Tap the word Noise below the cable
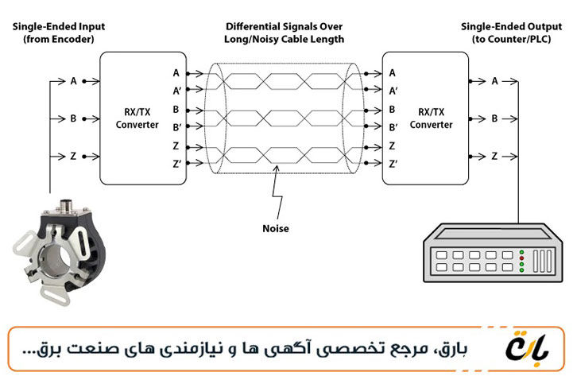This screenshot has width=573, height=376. (276, 228)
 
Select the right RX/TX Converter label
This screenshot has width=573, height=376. (431, 118)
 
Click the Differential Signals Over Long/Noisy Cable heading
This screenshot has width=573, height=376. (284, 33)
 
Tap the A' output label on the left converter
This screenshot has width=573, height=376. (176, 90)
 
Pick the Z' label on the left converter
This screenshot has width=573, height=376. (176, 163)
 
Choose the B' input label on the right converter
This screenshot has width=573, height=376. (393, 127)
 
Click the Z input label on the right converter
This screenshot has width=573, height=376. (392, 145)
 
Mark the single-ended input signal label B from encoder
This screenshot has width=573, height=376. (73, 118)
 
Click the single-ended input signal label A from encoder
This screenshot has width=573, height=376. (73, 81)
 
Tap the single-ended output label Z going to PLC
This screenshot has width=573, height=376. (494, 156)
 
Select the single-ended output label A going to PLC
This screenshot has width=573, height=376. (494, 81)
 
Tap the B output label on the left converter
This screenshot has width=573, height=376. (176, 109)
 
